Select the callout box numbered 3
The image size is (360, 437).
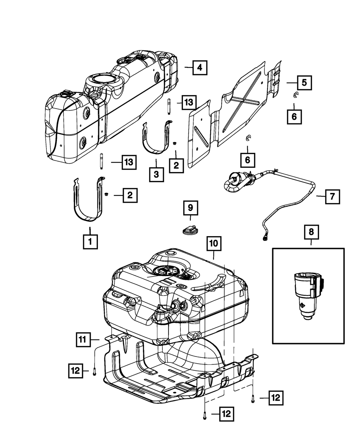pos(156,174)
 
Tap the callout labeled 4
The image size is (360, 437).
pos(200,67)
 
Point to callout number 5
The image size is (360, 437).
pos(304,83)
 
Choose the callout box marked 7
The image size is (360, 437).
pos(332,197)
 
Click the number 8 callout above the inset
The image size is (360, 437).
pos(311,232)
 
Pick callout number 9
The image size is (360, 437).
pos(190,207)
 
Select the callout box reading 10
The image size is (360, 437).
pos(214,243)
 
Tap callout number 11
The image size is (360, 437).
pos(83,339)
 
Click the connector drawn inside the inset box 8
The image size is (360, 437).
pos(306,295)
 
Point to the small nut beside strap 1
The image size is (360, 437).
pos(107,195)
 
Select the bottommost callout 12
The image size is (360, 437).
pos(226,414)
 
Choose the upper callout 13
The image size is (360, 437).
pos(189,103)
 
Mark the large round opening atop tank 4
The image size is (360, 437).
pos(105,79)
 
